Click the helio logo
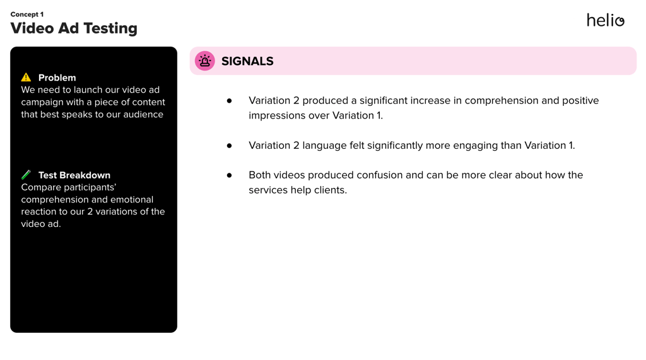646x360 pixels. coord(605,20)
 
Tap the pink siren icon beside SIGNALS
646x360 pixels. coord(205,61)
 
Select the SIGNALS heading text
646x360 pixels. coord(247,61)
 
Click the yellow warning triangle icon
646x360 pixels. coord(26,77)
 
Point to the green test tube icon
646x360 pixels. coord(26,175)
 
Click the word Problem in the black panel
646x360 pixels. coord(57,78)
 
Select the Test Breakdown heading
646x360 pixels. coord(74,175)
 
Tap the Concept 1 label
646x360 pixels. coord(26,15)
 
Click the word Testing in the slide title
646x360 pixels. coord(111,28)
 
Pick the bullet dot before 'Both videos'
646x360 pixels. coord(229,175)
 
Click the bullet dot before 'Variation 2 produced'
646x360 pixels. coord(229,100)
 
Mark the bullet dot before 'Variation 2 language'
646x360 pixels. coord(229,146)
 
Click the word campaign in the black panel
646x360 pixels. coord(41,103)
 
